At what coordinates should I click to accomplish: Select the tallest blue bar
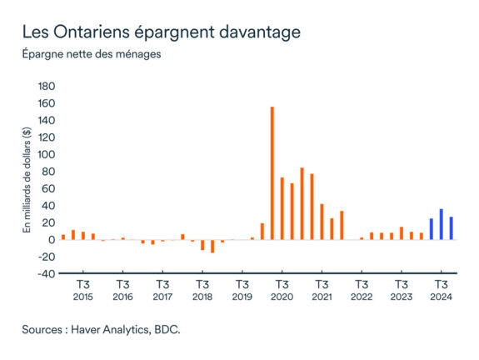point(441,224)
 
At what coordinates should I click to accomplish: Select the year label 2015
point(82,297)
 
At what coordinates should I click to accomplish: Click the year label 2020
point(282,297)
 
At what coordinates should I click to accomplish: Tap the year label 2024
point(441,297)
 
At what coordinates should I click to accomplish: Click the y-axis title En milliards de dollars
point(27,178)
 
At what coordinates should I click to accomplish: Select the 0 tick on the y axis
point(52,239)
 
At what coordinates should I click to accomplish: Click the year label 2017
point(162,297)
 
